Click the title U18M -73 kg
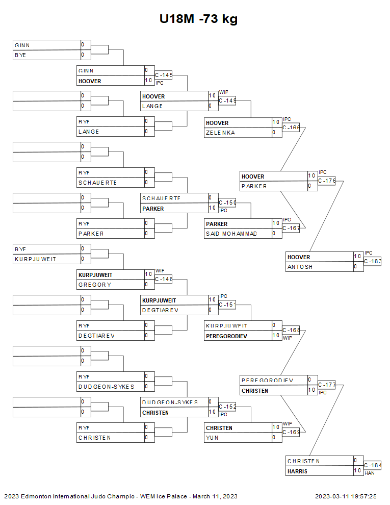[x=198, y=19]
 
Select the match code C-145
[x=164, y=75]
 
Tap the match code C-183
[x=373, y=261]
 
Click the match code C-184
[x=373, y=465]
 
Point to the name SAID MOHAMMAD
[x=231, y=234]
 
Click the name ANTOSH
[x=300, y=267]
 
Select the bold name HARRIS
[x=297, y=471]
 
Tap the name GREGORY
[x=95, y=285]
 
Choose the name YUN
[x=212, y=438]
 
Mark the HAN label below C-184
[x=370, y=473]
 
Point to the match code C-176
[x=327, y=181]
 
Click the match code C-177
[x=327, y=385]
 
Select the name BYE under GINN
[x=20, y=55]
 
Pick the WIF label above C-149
[x=224, y=92]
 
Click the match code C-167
[x=291, y=228]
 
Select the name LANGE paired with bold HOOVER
[x=152, y=106]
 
